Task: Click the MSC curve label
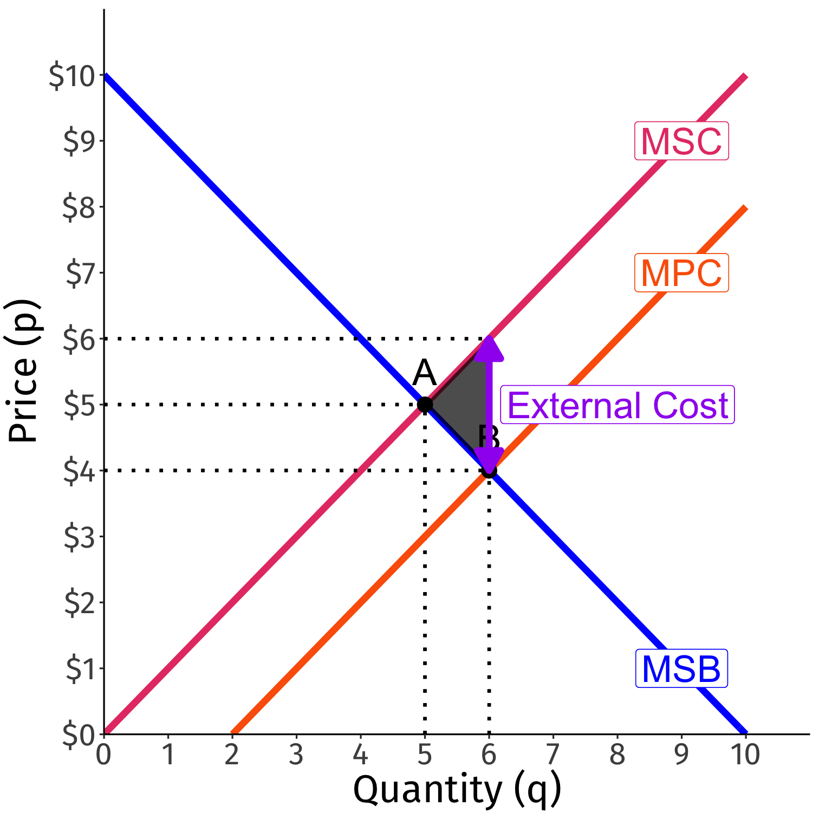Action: coord(681,141)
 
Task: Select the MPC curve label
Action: coord(681,273)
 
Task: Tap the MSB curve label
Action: coord(681,669)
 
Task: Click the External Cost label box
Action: coord(617,405)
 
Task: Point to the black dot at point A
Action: coord(425,405)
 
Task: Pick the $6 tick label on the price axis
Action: coord(79,340)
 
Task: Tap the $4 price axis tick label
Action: coord(79,471)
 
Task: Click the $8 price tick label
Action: coord(79,207)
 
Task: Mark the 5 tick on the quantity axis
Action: coord(425,754)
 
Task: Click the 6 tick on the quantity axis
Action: coord(489,754)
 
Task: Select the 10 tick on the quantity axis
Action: coord(745,754)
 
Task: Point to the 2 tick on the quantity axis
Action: coord(232,754)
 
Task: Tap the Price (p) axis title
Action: coord(23,371)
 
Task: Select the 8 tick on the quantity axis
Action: coord(617,754)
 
